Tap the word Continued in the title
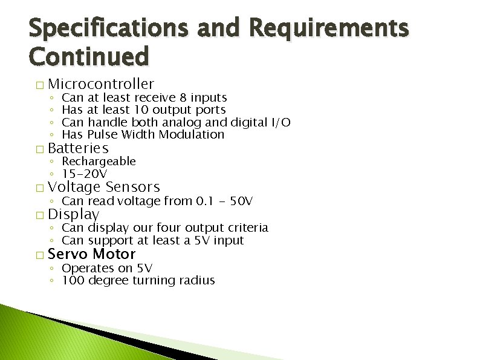[88, 57]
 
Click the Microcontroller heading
[101, 84]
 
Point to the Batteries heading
[78, 148]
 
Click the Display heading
[73, 214]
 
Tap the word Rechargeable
[99, 162]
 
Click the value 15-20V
[85, 174]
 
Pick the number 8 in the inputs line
[183, 97]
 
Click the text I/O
[281, 123]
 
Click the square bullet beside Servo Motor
[39, 255]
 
